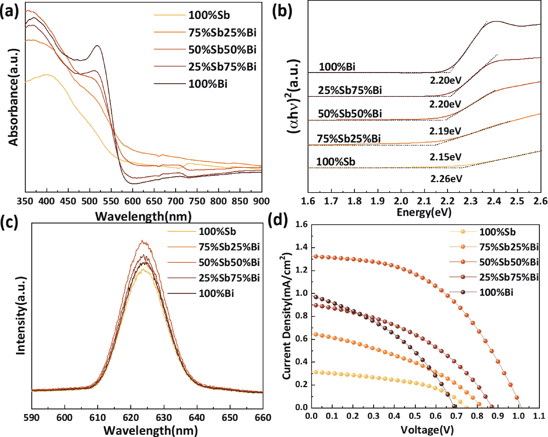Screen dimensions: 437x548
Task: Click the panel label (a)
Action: tap(9, 12)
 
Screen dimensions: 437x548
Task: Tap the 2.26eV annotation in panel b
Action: tap(446, 179)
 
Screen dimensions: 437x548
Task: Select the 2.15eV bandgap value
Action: tap(445, 157)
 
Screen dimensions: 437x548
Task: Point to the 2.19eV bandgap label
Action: tap(445, 131)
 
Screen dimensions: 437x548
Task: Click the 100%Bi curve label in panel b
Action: tap(337, 67)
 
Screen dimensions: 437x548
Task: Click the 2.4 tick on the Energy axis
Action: tap(494, 201)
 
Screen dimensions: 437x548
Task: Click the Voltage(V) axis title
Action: tap(427, 430)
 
